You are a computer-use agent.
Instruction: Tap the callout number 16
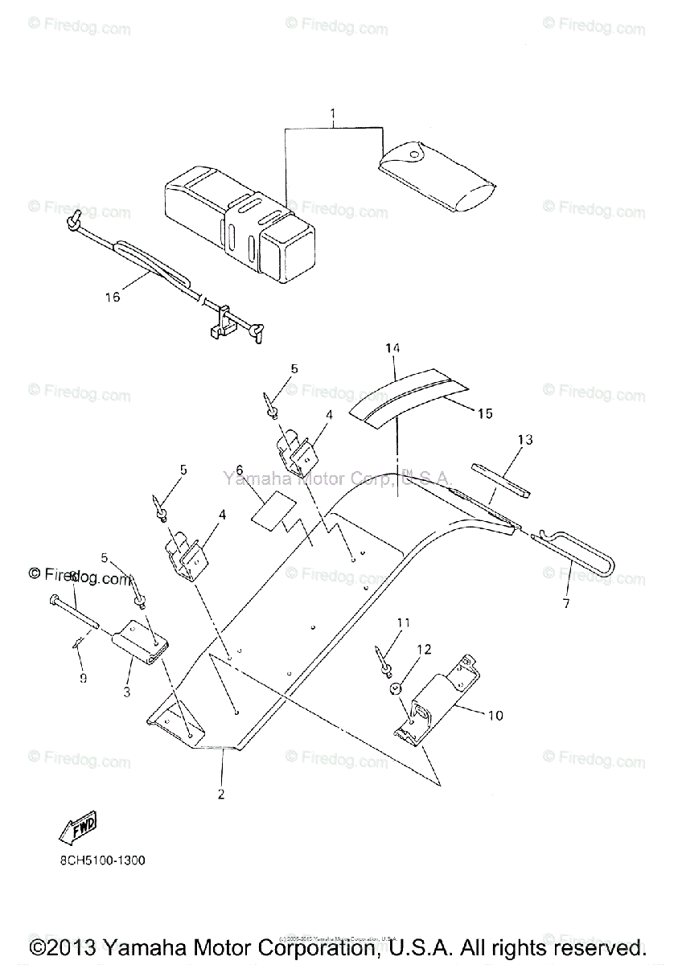112,298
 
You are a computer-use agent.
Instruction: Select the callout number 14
392,348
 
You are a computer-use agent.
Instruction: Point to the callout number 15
484,413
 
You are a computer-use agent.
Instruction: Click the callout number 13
525,440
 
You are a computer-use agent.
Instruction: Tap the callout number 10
495,715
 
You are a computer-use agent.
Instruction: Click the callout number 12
423,648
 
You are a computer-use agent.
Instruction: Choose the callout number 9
83,678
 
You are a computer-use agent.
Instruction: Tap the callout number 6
239,470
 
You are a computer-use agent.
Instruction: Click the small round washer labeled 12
395,688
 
